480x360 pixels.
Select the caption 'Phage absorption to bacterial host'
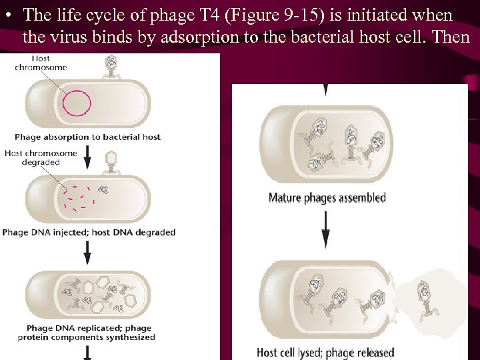coord(87,137)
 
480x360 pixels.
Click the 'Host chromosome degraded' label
coord(33,157)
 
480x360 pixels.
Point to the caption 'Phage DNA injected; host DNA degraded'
coord(89,233)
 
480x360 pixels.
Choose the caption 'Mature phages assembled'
coord(327,197)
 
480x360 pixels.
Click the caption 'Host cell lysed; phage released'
coord(325,352)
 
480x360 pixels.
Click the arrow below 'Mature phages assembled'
coord(325,228)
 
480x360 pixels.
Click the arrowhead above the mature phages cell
coord(325,89)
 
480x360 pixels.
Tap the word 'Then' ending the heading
coord(451,37)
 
